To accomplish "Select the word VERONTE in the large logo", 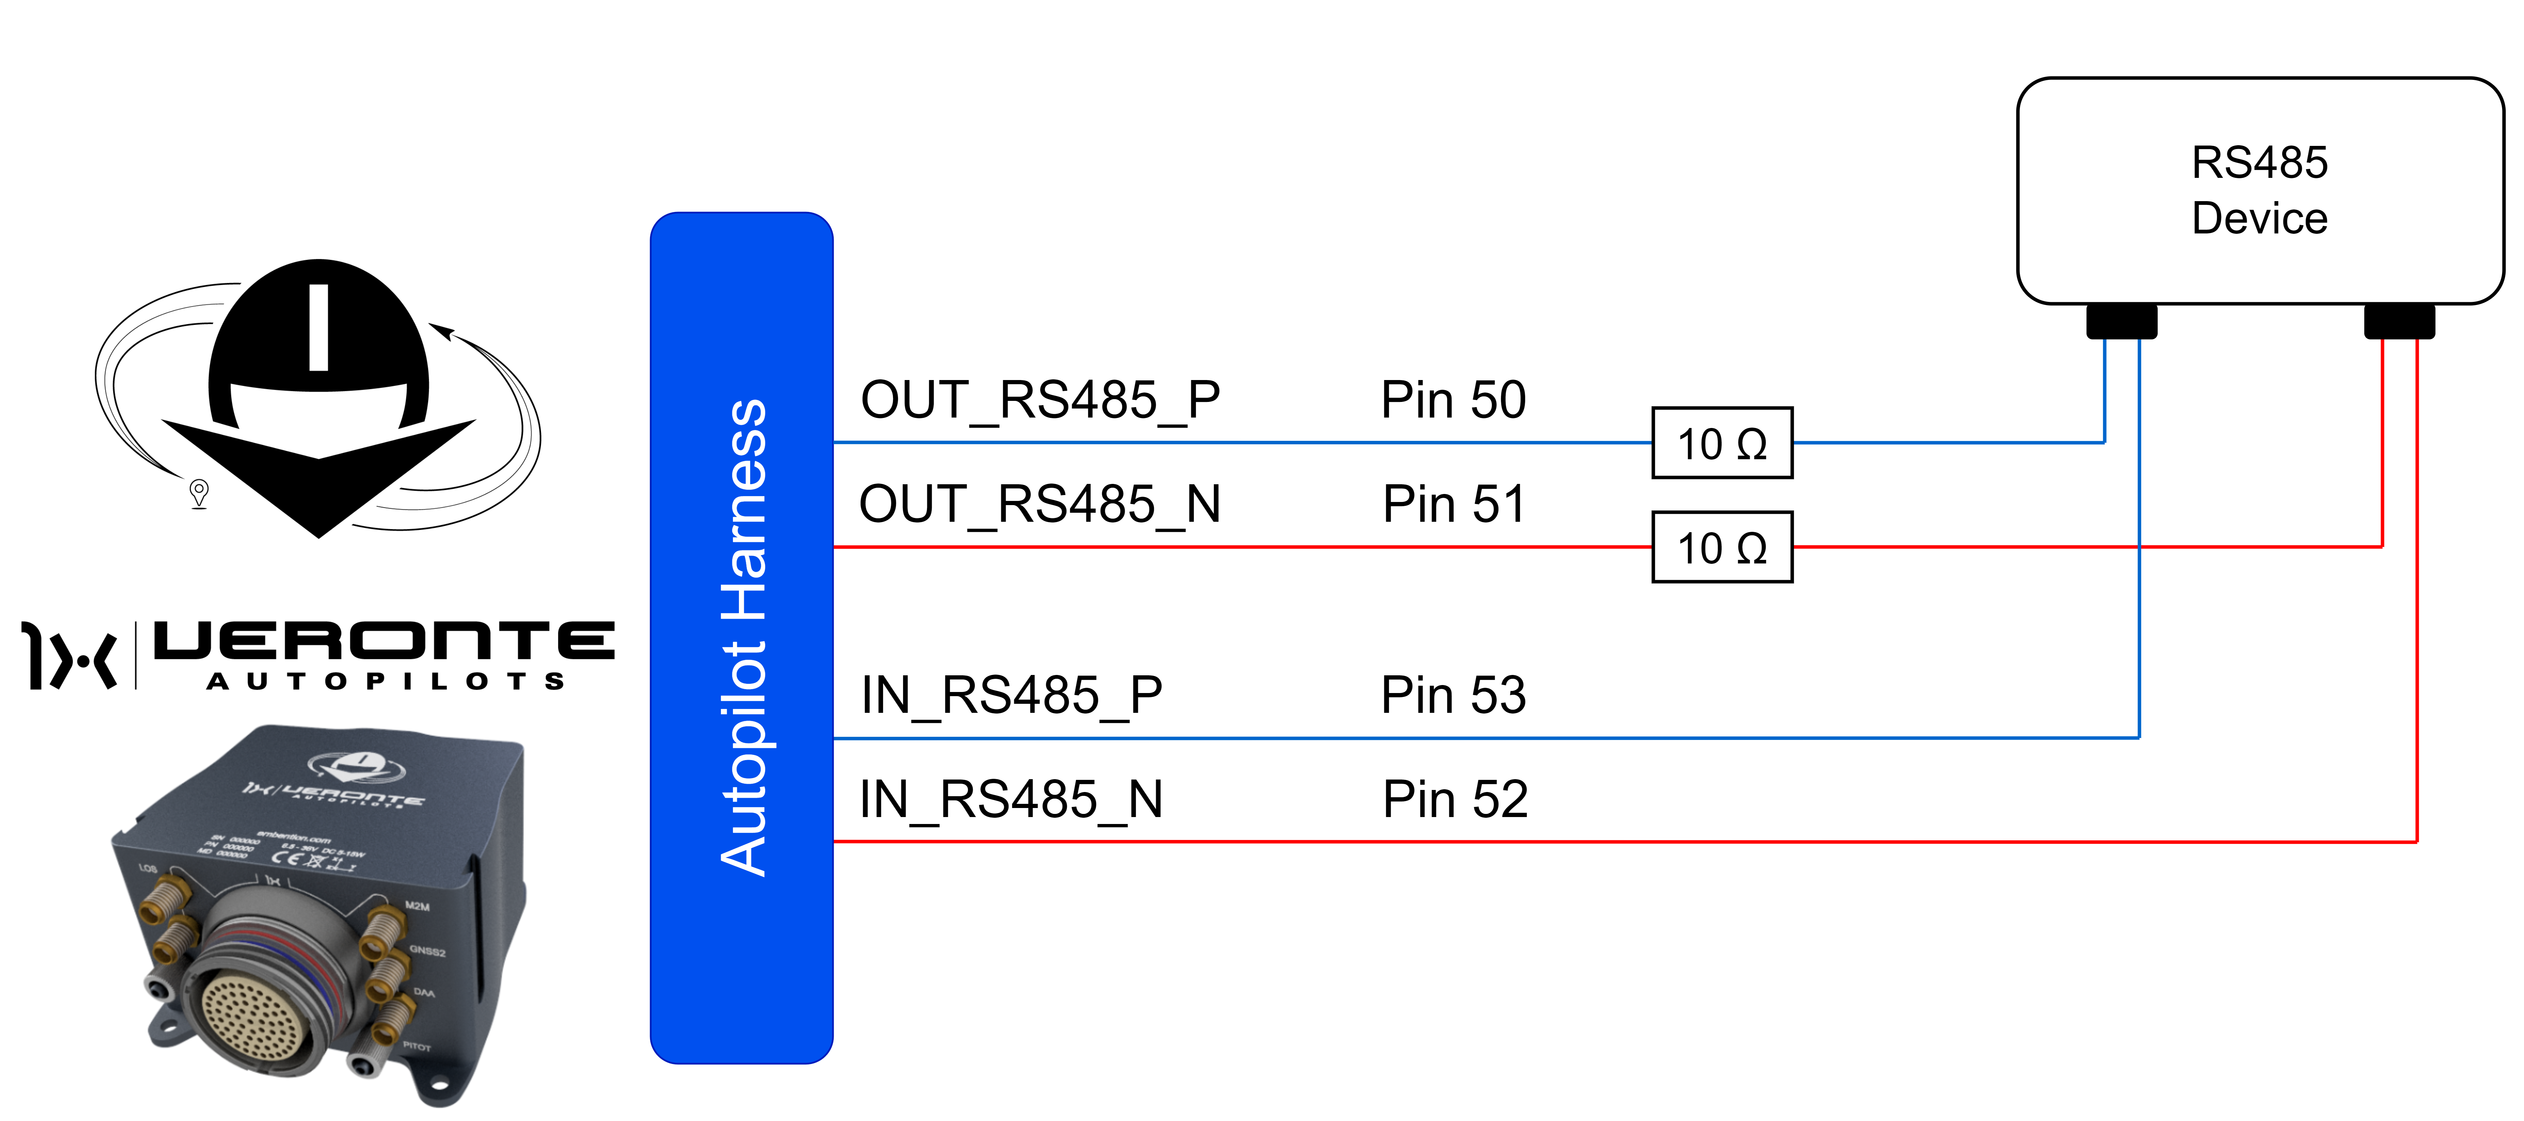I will click(x=384, y=642).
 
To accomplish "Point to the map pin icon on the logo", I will click(x=199, y=492).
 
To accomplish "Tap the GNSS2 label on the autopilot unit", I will click(x=427, y=950).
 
